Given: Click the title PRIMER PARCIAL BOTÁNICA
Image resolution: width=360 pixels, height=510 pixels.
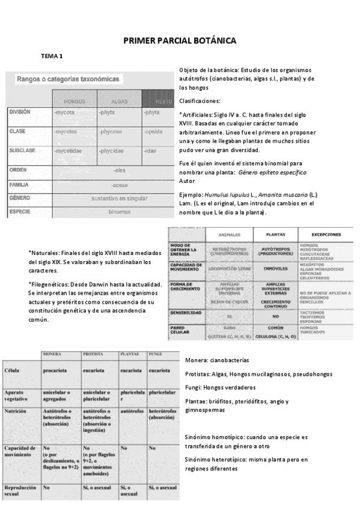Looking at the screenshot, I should [x=180, y=40].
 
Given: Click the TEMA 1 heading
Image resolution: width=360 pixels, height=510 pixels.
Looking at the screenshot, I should [x=52, y=56].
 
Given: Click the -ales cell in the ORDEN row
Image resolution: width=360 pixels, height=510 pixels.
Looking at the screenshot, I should [x=119, y=170].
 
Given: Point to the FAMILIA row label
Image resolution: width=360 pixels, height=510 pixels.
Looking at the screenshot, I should [x=20, y=185].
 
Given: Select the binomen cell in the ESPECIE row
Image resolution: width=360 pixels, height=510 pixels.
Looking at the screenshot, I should [x=119, y=212].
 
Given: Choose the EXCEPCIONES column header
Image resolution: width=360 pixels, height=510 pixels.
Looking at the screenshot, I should [x=327, y=235].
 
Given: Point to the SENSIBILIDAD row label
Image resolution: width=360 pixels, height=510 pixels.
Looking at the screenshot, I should [x=186, y=313].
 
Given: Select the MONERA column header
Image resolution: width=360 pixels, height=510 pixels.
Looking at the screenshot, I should [x=53, y=355].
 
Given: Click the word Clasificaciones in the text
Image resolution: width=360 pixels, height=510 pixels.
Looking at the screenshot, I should [x=200, y=100].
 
